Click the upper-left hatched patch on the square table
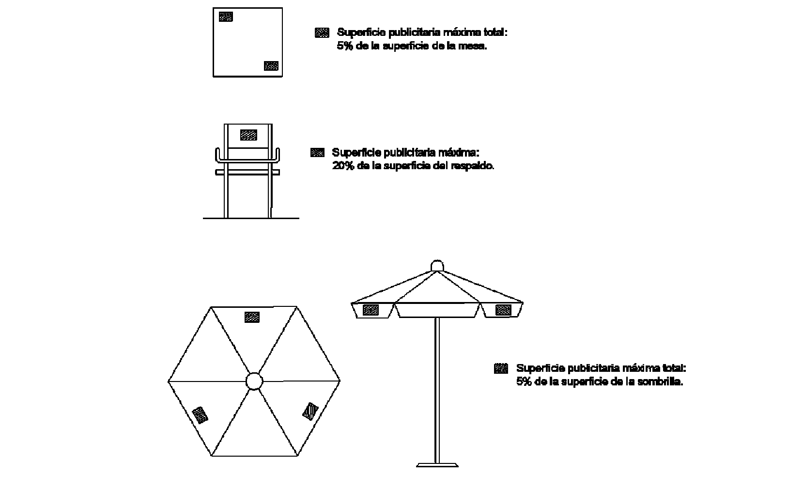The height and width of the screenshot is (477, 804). pos(226,16)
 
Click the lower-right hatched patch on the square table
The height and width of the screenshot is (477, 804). pos(271,66)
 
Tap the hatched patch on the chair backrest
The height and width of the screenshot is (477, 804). pos(248,135)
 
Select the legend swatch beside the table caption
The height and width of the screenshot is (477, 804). pos(322,32)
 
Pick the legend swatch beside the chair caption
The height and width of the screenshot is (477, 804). pos(317,153)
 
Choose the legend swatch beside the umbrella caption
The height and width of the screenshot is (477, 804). pos(501,368)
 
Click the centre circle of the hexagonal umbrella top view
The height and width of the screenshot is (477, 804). pos(254,381)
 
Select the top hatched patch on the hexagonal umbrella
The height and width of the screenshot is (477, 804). pos(252,317)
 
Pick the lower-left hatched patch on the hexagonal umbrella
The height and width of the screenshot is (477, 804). pos(201,415)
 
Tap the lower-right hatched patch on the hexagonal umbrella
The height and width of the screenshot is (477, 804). pos(310,412)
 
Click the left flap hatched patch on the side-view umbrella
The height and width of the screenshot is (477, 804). pos(371,310)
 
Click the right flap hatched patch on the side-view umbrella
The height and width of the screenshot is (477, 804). pos(503,310)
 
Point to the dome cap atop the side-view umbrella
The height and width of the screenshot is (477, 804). pos(437,266)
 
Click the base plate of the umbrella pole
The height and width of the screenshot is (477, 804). pos(437,465)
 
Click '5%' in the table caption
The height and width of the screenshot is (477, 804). pos(344,46)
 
